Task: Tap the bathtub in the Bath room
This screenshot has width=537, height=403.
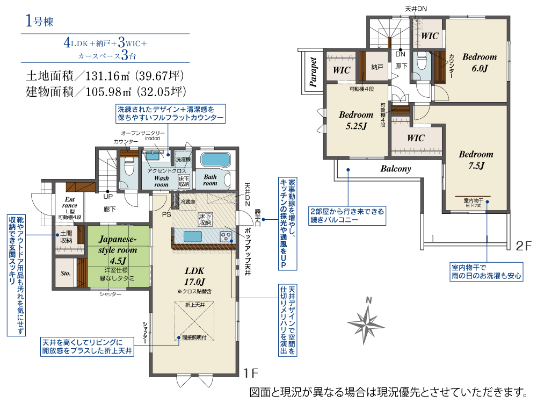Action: pos(214,160)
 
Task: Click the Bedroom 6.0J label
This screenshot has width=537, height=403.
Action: pos(479,62)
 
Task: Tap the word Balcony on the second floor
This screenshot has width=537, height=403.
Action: pos(396,169)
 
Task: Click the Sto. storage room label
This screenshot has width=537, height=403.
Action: pos(66,273)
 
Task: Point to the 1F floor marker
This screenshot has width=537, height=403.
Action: pos(251,372)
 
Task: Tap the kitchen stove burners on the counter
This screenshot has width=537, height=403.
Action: pos(226,236)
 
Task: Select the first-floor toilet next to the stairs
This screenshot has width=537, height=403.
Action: pos(128,168)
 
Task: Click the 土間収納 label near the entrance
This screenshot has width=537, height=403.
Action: pos(66,237)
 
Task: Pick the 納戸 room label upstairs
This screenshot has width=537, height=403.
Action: pos(377,67)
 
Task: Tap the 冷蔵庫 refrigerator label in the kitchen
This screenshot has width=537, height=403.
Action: pos(187,202)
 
